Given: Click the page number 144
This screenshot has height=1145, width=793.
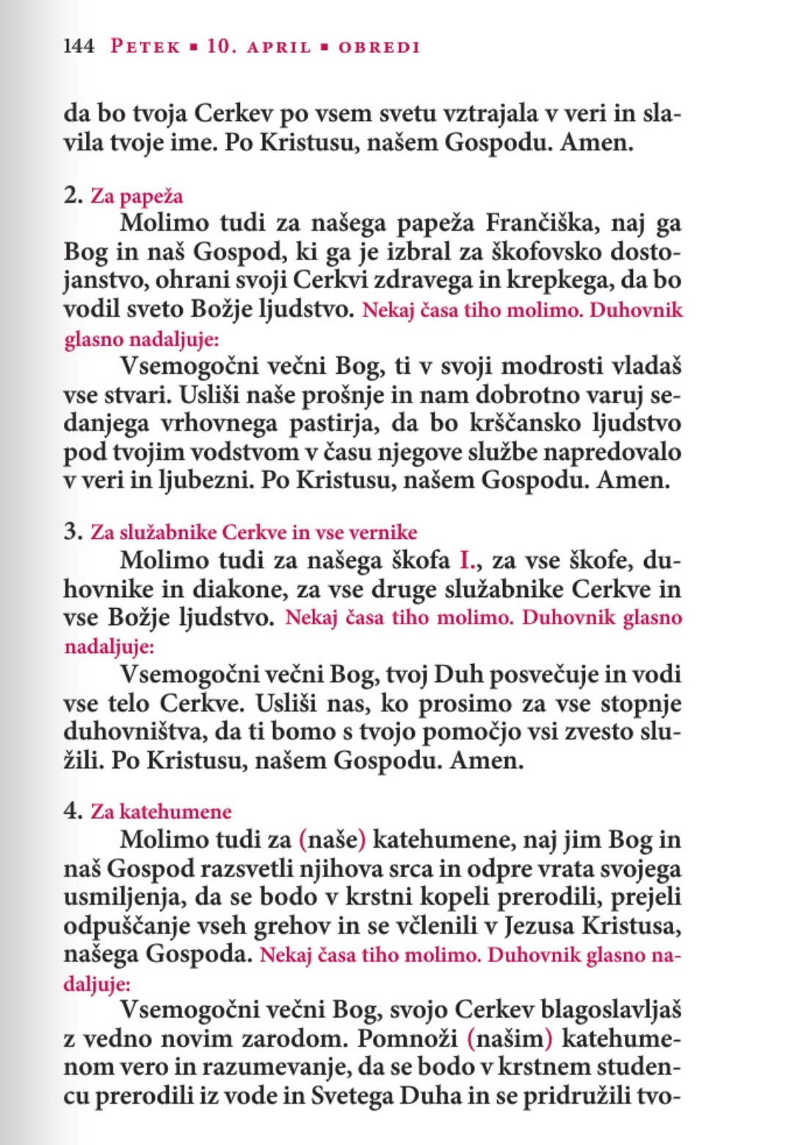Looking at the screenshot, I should (x=79, y=46).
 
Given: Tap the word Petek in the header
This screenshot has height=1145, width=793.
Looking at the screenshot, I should (x=145, y=46).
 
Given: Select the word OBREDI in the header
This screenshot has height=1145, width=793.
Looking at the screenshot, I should (x=379, y=47).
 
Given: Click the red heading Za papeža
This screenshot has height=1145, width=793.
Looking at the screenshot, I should (x=137, y=196).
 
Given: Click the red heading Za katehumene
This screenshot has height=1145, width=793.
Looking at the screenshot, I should (x=161, y=812).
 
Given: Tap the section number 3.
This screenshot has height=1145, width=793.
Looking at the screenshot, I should (x=73, y=531).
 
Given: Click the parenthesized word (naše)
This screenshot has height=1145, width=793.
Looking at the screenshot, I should (x=332, y=839).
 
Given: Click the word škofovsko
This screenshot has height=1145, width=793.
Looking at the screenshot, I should (x=537, y=252).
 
